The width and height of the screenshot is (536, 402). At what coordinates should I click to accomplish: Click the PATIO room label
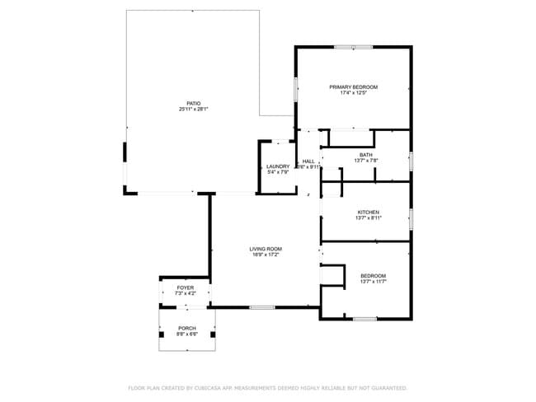click(x=194, y=103)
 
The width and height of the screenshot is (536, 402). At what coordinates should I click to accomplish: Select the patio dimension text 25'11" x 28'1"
click(x=194, y=109)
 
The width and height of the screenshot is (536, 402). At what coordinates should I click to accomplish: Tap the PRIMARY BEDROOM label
click(x=353, y=87)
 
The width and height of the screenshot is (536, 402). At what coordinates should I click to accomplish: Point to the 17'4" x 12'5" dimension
click(x=353, y=93)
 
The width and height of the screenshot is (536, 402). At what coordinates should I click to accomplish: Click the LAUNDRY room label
click(x=278, y=166)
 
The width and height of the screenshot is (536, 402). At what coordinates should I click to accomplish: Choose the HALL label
click(x=308, y=161)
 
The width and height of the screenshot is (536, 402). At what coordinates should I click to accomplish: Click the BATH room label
click(x=365, y=154)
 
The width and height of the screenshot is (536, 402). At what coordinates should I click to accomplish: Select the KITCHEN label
click(x=367, y=212)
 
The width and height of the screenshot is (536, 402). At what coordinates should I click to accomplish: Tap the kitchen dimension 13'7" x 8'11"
click(x=367, y=217)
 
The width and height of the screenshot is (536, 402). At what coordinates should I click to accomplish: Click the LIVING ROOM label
click(x=266, y=249)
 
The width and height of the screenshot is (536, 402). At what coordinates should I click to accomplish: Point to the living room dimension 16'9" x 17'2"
click(x=266, y=255)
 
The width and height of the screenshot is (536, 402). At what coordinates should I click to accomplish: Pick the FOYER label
click(x=186, y=287)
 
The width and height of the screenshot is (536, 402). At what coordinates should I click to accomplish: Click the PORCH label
click(x=187, y=328)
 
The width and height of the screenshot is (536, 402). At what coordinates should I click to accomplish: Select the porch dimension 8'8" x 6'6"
click(x=187, y=334)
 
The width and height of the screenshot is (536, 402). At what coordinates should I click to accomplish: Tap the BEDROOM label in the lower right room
click(x=373, y=275)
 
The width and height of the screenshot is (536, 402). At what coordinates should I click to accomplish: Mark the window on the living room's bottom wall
click(x=262, y=307)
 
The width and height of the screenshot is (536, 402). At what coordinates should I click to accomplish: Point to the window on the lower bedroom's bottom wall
click(x=364, y=318)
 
